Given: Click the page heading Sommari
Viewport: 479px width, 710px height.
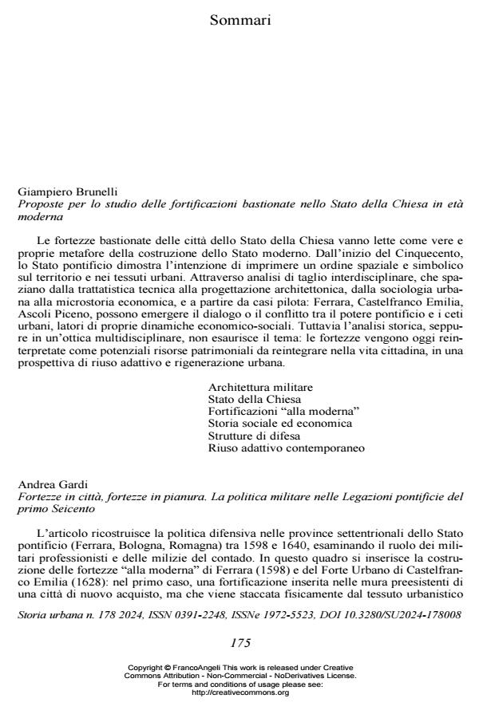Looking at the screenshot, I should (240, 20).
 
